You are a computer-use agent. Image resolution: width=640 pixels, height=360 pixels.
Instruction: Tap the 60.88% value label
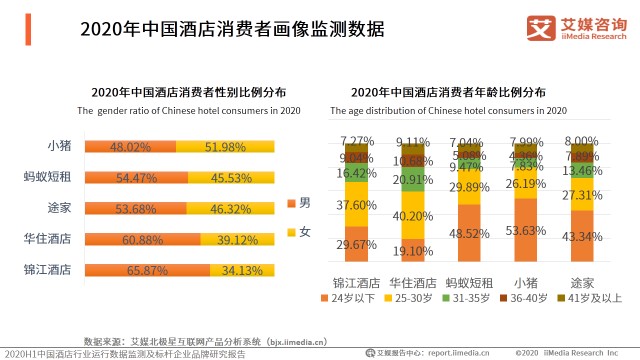[x=139, y=239]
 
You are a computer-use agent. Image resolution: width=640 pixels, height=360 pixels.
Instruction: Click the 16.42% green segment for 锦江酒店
[x=358, y=173]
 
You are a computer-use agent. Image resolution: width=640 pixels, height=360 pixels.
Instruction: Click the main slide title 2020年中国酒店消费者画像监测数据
[x=232, y=29]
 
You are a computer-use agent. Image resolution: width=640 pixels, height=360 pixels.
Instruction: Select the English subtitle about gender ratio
[x=189, y=110]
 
